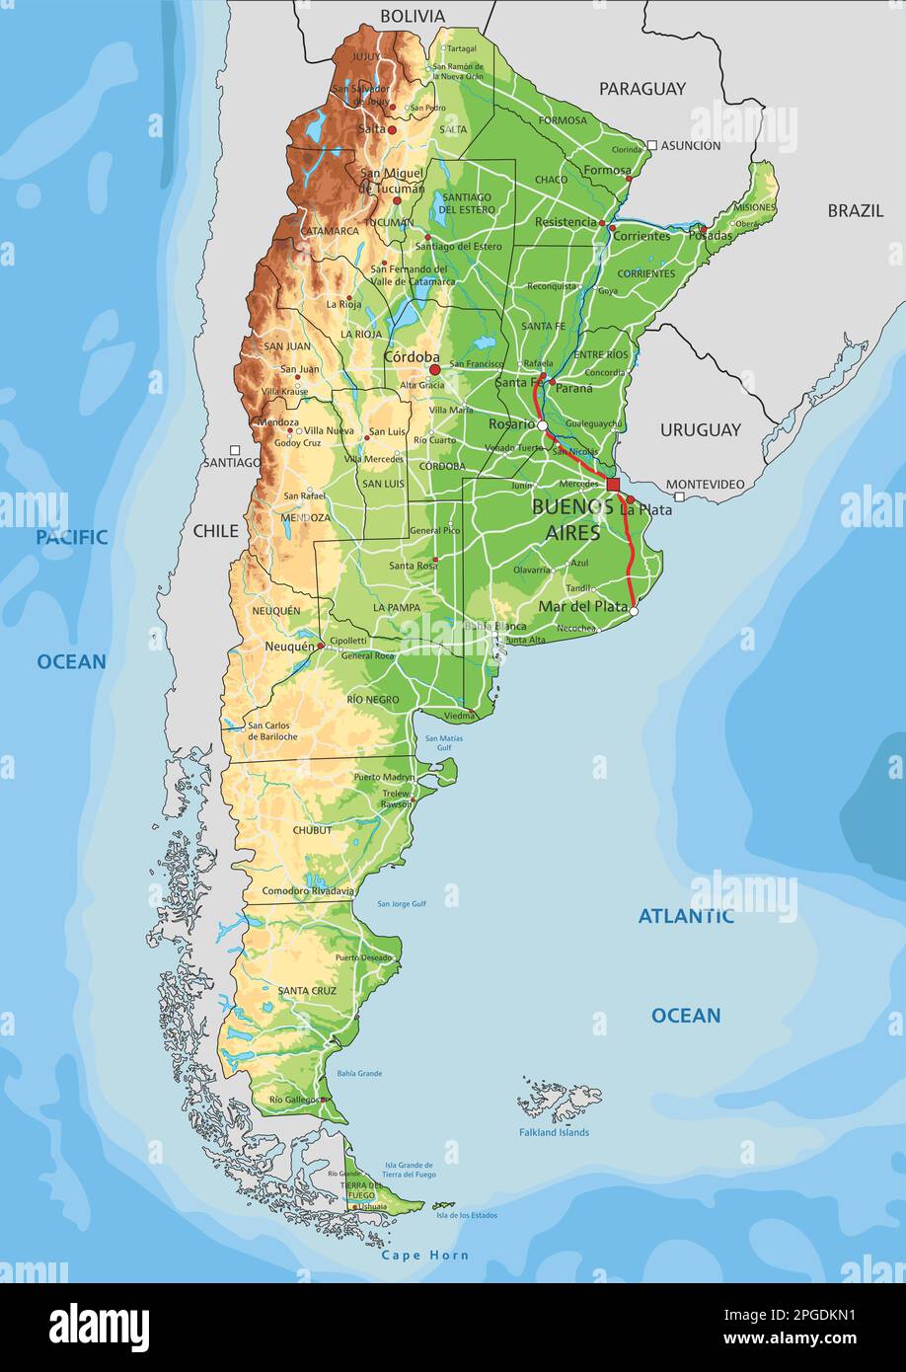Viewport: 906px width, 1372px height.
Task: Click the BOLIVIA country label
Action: point(413,16)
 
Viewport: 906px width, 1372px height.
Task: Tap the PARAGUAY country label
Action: point(642,89)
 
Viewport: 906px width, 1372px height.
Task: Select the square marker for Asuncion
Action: point(652,145)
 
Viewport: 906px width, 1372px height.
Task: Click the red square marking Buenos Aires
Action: point(613,485)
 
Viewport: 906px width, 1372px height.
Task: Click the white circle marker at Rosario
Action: point(542,425)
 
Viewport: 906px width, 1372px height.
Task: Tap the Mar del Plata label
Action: point(582,606)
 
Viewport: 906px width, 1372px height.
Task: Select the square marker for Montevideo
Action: point(679,496)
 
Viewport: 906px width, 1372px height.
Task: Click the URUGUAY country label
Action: point(700,429)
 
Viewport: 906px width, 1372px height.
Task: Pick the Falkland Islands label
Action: point(554,1132)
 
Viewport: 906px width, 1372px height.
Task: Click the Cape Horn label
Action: point(425,1256)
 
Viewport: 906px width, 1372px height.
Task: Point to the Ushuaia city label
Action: point(372,1206)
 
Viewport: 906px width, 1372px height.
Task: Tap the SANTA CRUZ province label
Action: point(307,990)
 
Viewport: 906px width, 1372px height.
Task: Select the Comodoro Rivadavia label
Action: point(308,890)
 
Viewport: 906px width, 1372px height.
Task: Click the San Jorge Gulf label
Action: point(402,903)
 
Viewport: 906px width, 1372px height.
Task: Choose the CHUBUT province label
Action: point(312,830)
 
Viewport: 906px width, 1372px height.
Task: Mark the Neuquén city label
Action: point(289,646)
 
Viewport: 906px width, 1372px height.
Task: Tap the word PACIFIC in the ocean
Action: point(72,537)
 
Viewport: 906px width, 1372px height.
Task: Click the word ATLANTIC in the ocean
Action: point(685,916)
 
